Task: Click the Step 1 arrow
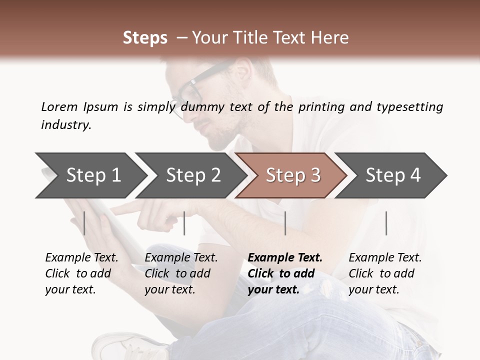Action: [93, 175]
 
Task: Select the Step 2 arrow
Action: [193, 175]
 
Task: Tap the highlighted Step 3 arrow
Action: [293, 175]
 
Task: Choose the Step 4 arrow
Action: [393, 175]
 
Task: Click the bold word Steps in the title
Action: [145, 38]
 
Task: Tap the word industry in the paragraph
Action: [65, 125]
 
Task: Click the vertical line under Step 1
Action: [84, 223]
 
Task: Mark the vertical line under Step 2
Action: [184, 223]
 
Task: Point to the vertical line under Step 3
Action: [285, 223]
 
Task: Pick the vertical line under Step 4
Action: [386, 223]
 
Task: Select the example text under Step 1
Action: [81, 273]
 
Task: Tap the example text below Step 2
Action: [181, 273]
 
